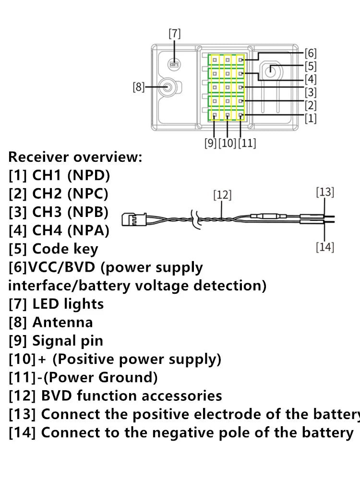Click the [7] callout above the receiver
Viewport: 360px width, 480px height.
click(x=175, y=34)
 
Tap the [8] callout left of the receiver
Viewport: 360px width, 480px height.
click(x=138, y=87)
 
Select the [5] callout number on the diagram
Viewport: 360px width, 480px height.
click(x=311, y=66)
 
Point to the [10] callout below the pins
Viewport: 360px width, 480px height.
click(x=228, y=143)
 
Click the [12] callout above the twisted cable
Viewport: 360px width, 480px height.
click(x=223, y=195)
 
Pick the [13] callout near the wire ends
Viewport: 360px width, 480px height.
click(x=325, y=192)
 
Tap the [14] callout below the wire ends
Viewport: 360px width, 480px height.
click(x=325, y=247)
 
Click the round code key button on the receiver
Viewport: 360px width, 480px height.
click(x=270, y=71)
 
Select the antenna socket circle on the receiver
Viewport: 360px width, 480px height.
click(x=168, y=87)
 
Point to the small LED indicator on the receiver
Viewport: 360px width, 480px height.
click(x=174, y=64)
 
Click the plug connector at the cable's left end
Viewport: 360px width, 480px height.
click(x=134, y=219)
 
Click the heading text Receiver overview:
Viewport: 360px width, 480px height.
click(x=75, y=157)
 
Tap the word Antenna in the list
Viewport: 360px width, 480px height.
click(x=63, y=323)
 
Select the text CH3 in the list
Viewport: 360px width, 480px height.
click(x=47, y=212)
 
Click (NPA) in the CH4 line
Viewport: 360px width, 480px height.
click(x=88, y=230)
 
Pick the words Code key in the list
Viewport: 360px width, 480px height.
click(x=65, y=249)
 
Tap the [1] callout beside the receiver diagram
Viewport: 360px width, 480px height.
click(x=311, y=118)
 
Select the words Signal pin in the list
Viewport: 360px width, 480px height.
click(x=68, y=341)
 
